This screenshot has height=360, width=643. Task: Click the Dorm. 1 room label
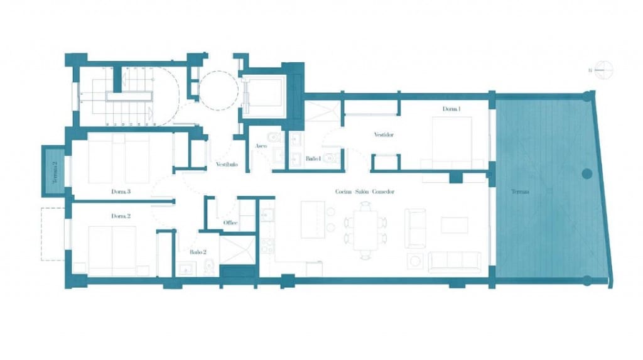[x=451, y=109]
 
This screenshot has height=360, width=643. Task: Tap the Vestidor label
[x=383, y=134]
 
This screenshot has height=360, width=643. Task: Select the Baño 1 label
[x=313, y=160]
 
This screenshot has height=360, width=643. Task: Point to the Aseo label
[x=261, y=146]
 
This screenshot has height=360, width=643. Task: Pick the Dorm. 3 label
[x=121, y=192]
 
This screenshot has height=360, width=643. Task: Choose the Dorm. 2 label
[x=121, y=215]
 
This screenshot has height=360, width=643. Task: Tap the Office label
[x=230, y=223]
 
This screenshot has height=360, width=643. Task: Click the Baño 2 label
[x=199, y=252]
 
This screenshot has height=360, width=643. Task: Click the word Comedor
[x=382, y=192]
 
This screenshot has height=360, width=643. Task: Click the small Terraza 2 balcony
[x=54, y=170]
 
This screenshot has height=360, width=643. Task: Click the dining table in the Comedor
[x=365, y=229]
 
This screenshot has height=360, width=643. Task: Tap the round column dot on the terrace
[x=587, y=173]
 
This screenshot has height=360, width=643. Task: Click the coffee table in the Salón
[x=454, y=225]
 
